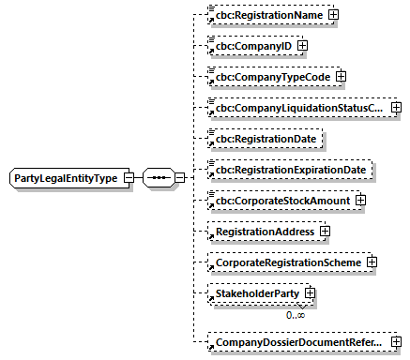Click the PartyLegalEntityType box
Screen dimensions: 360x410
click(x=71, y=178)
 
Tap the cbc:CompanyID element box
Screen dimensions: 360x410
click(x=249, y=45)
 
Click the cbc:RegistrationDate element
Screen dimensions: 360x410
click(x=263, y=139)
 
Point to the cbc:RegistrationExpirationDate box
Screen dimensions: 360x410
click(x=290, y=170)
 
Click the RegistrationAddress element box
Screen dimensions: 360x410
click(x=262, y=231)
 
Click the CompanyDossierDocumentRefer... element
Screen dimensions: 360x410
click(x=294, y=343)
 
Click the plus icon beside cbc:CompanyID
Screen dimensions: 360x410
click(x=302, y=45)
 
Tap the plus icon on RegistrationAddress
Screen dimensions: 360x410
click(x=325, y=231)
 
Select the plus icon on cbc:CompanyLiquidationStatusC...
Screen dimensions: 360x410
click(x=395, y=109)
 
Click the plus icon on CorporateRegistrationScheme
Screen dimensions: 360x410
click(x=372, y=262)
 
